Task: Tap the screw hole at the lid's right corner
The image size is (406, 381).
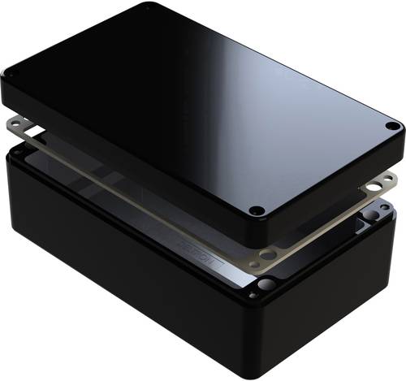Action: click(392, 127)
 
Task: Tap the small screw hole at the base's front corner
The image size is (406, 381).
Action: click(254, 295)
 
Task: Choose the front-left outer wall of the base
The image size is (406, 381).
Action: click(122, 260)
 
